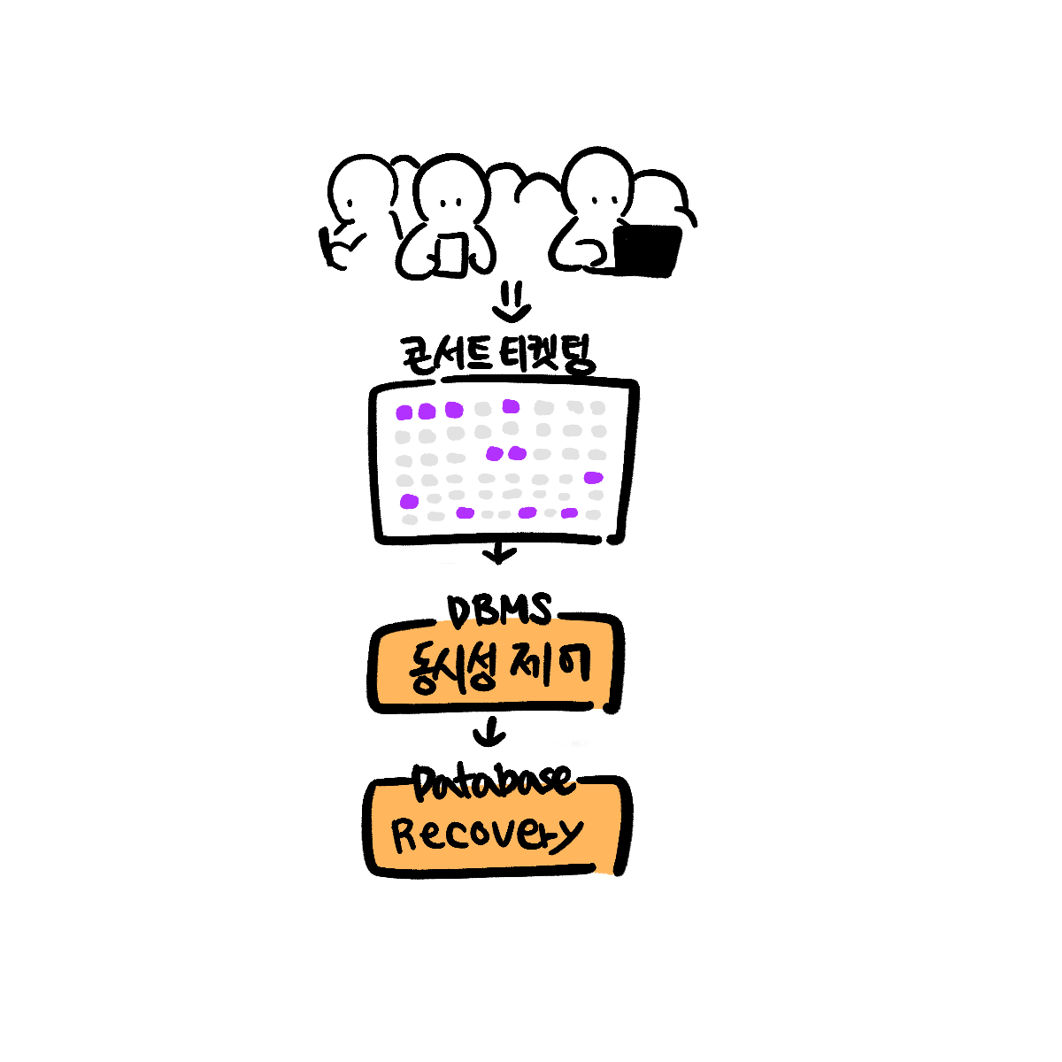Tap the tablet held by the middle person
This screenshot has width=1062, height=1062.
[450, 254]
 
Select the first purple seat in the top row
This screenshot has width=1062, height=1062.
[404, 412]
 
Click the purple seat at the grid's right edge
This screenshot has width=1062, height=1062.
[593, 478]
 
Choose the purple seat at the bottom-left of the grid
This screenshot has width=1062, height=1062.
[409, 502]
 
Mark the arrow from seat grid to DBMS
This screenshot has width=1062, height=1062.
[500, 554]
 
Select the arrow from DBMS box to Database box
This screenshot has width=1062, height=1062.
[489, 734]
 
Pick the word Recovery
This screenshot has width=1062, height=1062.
[487, 835]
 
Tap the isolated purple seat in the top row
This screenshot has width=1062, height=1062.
[511, 406]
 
